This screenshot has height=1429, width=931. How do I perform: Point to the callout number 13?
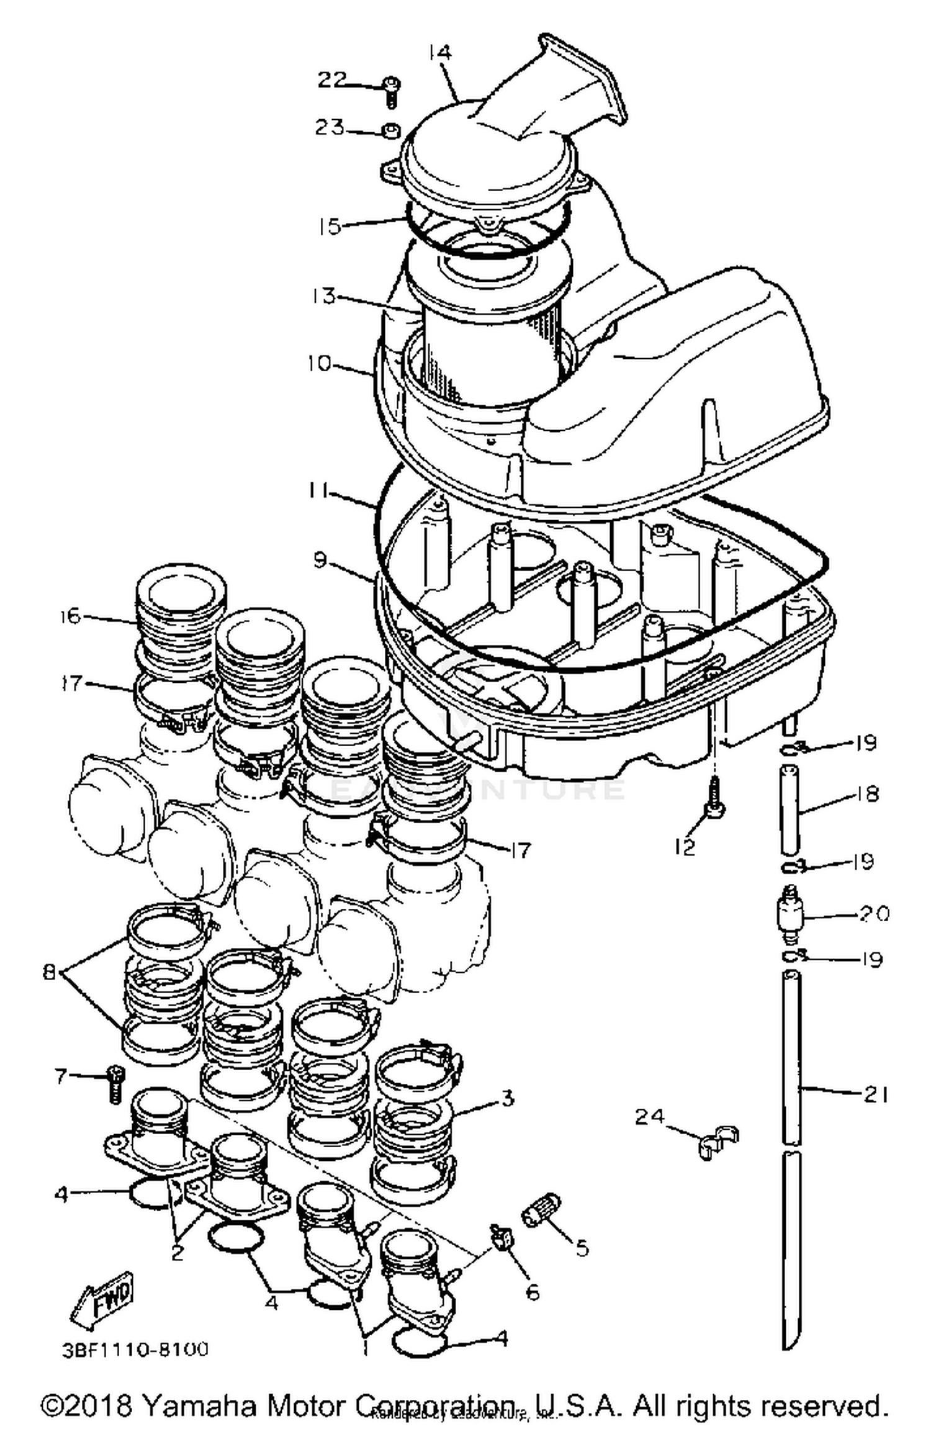[x=325, y=295]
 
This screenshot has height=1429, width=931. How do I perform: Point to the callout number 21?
[x=876, y=1095]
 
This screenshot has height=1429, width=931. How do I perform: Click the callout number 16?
[x=70, y=616]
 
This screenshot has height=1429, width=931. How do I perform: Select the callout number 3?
[x=507, y=1099]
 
